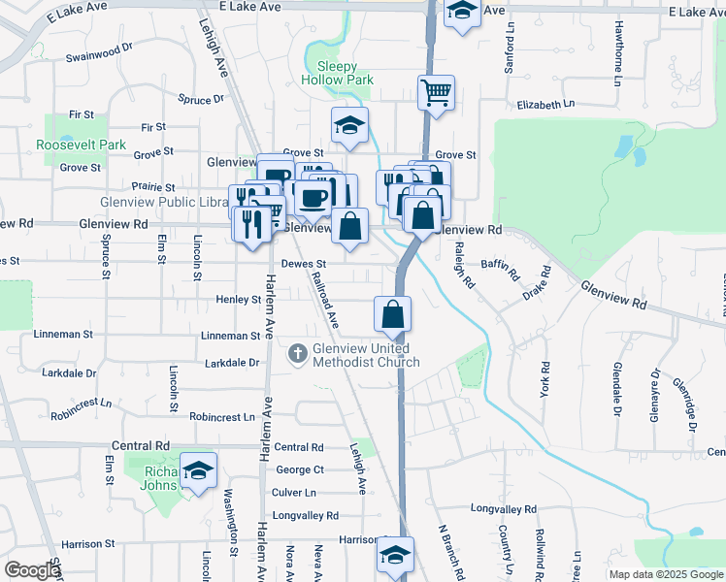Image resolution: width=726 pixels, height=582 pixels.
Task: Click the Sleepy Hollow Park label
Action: pyautogui.click(x=337, y=73)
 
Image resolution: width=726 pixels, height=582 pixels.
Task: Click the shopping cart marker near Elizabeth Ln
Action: pyautogui.click(x=436, y=94)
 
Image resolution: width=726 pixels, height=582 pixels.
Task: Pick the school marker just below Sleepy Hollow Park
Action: pyautogui.click(x=349, y=125)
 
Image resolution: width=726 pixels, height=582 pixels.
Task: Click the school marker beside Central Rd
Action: pyautogui.click(x=198, y=472)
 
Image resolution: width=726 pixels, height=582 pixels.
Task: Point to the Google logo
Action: pyautogui.click(x=32, y=570)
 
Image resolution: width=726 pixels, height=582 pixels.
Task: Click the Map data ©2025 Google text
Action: pyautogui.click(x=665, y=574)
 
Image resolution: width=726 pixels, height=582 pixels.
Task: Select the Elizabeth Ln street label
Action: pyautogui.click(x=545, y=104)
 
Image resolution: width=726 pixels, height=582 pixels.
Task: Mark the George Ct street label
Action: pyautogui.click(x=299, y=469)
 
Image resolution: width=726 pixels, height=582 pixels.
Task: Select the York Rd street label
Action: pyautogui.click(x=544, y=378)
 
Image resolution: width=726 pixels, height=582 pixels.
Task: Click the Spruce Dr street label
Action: pyautogui.click(x=201, y=99)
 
